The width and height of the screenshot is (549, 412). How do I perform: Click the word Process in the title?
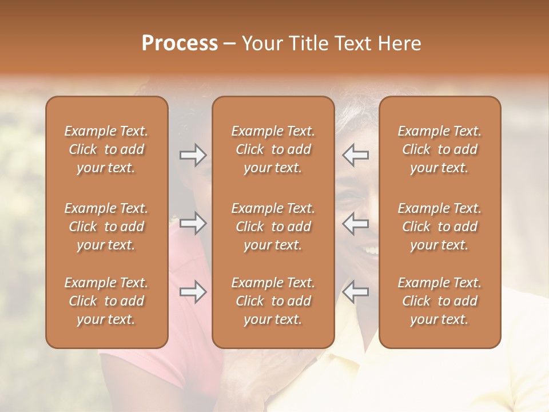pyautogui.click(x=180, y=43)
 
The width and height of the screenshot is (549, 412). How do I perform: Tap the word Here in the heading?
pyautogui.click(x=400, y=43)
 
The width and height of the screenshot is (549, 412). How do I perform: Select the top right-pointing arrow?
pyautogui.click(x=193, y=155)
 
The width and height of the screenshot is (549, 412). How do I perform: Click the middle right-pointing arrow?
pyautogui.click(x=193, y=223)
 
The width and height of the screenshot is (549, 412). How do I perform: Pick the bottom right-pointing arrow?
pyautogui.click(x=193, y=292)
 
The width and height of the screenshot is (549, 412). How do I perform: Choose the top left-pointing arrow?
pyautogui.click(x=355, y=155)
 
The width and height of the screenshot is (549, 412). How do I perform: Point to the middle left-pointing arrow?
pyautogui.click(x=355, y=223)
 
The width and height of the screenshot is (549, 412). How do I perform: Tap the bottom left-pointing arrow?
pyautogui.click(x=355, y=292)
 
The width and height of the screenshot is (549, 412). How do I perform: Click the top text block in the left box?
pyautogui.click(x=106, y=149)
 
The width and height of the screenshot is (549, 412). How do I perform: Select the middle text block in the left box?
pyautogui.click(x=106, y=227)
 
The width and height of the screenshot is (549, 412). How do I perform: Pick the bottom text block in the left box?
pyautogui.click(x=106, y=301)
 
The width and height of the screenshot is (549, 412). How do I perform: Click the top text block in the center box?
pyautogui.click(x=273, y=149)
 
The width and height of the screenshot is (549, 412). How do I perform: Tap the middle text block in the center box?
pyautogui.click(x=273, y=227)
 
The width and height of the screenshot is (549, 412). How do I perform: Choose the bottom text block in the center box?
pyautogui.click(x=273, y=301)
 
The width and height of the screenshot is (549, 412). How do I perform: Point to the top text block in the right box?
pyautogui.click(x=440, y=149)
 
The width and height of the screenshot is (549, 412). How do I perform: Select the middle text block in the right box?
pyautogui.click(x=440, y=227)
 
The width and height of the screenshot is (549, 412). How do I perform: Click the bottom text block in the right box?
pyautogui.click(x=440, y=301)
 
